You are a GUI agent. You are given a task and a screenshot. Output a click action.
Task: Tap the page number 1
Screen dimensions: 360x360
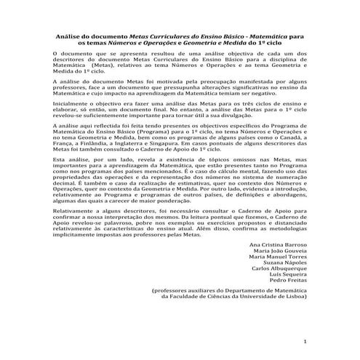306,341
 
